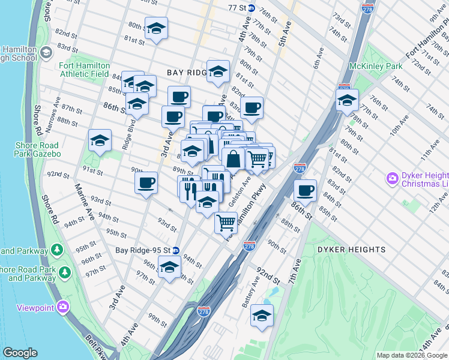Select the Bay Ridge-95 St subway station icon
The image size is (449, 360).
pos(176,250)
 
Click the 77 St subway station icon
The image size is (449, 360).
pos(251,8)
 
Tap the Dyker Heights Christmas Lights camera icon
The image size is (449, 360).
pos(393,178)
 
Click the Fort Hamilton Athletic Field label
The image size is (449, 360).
pos(83,70)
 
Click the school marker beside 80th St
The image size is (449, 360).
pos(156,28)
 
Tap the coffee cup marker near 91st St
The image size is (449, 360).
pos(146,183)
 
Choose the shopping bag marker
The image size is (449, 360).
pos(234,159)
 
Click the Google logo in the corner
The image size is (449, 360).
pos(20,353)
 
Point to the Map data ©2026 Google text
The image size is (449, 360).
pos(412,355)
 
